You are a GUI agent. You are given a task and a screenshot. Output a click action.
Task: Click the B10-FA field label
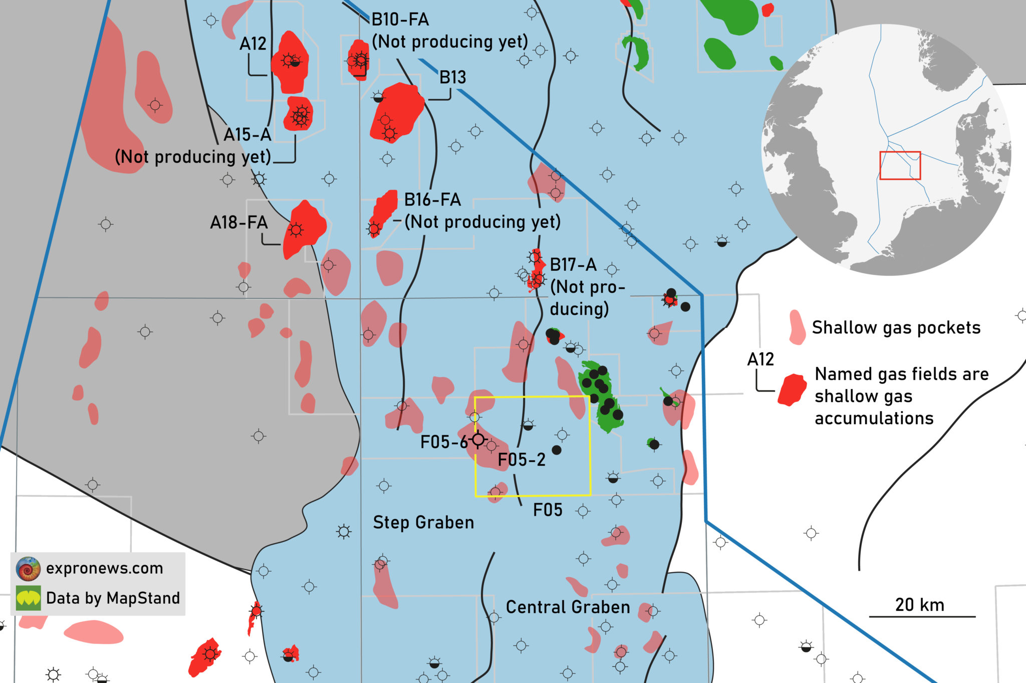(x=400, y=20)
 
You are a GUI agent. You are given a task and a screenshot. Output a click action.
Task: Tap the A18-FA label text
(x=238, y=222)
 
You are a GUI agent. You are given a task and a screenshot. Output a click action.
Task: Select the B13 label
(x=452, y=77)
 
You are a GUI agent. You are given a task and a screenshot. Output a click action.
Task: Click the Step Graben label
(x=423, y=523)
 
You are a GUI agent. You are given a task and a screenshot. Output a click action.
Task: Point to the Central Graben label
(x=568, y=607)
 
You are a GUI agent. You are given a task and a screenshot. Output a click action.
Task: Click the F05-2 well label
(x=522, y=459)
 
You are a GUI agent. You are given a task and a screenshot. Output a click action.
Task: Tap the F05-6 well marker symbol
(x=478, y=440)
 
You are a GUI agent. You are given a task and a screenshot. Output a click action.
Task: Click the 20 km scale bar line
(x=922, y=616)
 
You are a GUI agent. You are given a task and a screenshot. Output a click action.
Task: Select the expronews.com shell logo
(x=28, y=569)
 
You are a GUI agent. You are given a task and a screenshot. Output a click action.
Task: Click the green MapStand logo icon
(x=28, y=598)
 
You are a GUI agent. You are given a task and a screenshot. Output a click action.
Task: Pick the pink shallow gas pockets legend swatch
(x=797, y=327)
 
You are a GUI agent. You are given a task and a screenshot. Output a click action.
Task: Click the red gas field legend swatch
(x=792, y=390)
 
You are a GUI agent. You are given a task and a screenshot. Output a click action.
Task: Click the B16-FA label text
(x=432, y=200)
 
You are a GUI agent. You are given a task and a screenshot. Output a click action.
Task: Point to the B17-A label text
(x=573, y=264)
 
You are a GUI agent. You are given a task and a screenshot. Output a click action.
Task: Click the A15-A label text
(x=247, y=134)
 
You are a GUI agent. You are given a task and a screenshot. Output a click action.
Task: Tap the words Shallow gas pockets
(x=896, y=327)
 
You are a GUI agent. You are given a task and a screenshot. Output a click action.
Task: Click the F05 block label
(x=547, y=510)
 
